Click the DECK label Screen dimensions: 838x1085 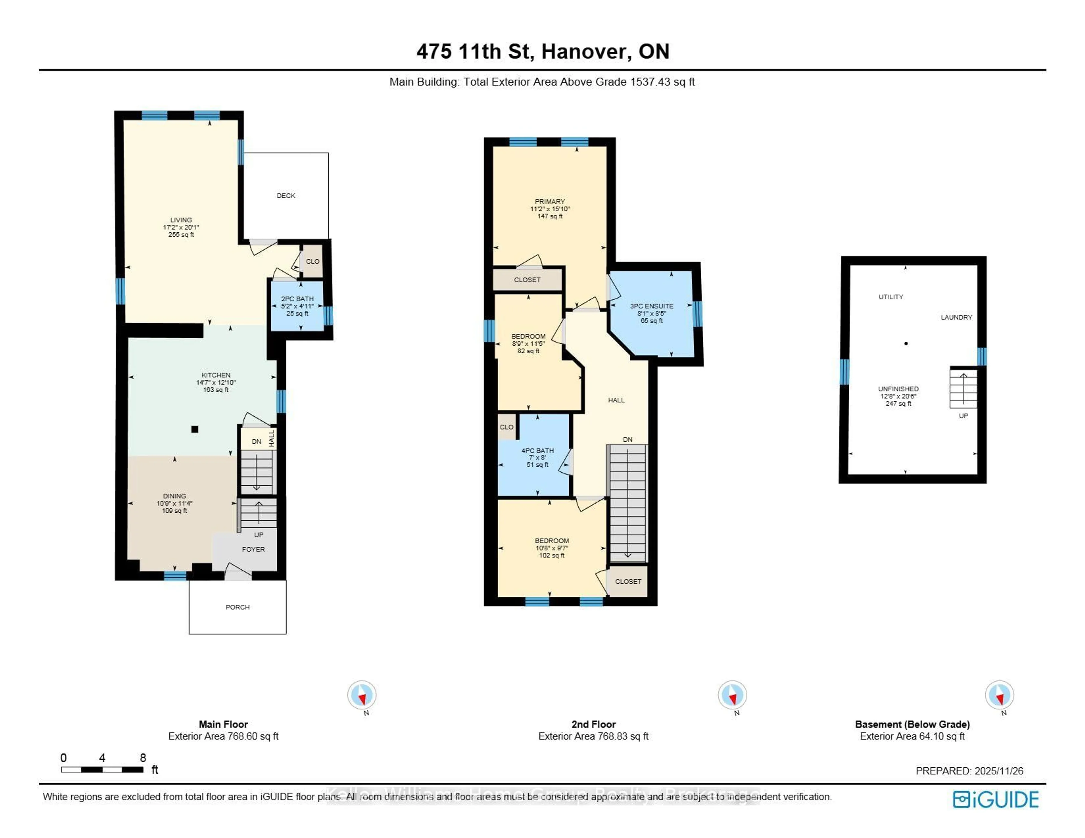(286, 196)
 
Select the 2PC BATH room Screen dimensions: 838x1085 (297, 306)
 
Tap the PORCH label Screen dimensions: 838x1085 (237, 607)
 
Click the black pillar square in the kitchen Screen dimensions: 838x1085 (195, 429)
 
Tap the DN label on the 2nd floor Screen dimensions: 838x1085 (628, 439)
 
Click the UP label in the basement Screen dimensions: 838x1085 (963, 416)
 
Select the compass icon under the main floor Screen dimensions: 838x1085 (362, 695)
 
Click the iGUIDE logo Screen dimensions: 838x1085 (995, 799)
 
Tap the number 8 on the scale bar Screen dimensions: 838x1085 (143, 758)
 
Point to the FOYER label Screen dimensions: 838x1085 (253, 549)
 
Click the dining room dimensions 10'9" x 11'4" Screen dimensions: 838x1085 (174, 503)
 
